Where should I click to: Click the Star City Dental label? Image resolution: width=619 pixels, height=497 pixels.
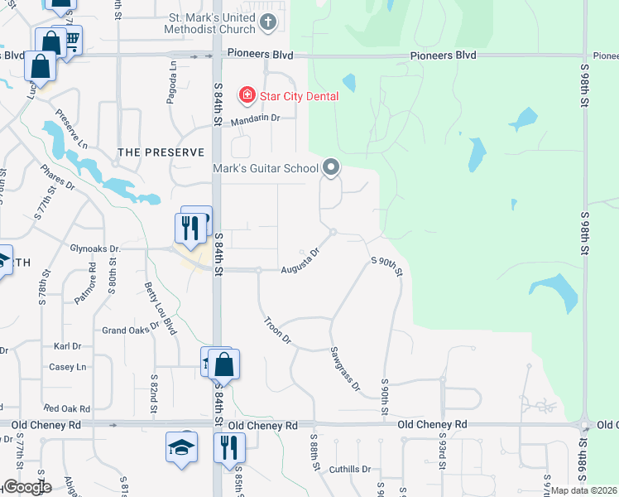(299, 96)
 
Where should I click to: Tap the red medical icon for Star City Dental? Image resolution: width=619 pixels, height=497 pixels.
(247, 96)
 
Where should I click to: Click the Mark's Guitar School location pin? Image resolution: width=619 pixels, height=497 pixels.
(331, 168)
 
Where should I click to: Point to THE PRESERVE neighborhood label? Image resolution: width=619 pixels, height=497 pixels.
(161, 152)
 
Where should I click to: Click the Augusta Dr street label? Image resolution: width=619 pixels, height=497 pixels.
(300, 262)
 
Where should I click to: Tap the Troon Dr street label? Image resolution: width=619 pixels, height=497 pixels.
(278, 330)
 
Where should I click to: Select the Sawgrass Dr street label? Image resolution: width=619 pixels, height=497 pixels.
(345, 369)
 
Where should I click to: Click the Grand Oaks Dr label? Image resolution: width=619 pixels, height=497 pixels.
(131, 330)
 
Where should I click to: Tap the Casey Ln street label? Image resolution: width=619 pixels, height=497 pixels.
(68, 367)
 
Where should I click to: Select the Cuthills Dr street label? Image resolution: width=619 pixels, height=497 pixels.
(348, 469)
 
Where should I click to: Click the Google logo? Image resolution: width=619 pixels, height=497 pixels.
(26, 487)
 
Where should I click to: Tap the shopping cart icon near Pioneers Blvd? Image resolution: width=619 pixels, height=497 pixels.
(71, 39)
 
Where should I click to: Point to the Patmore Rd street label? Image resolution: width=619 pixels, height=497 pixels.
(92, 282)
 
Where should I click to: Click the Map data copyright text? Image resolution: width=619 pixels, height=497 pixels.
(584, 490)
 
